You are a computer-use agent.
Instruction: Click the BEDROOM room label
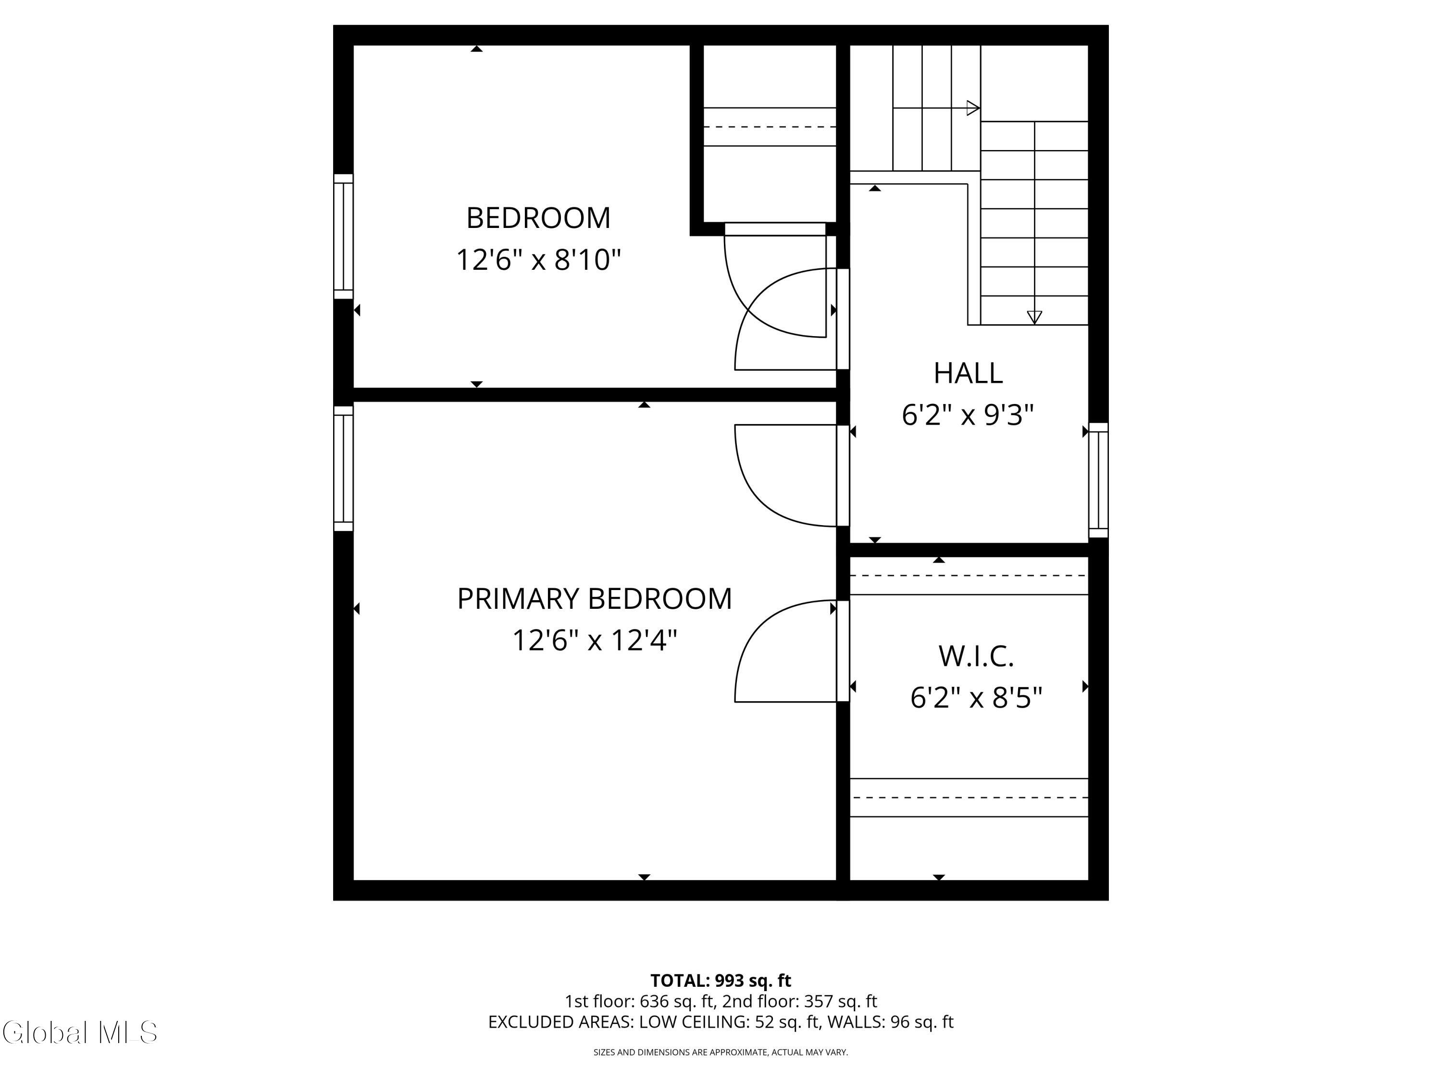click(x=538, y=218)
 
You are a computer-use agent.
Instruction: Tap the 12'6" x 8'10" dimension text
click(x=538, y=260)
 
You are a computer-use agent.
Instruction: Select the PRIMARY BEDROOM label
click(x=595, y=599)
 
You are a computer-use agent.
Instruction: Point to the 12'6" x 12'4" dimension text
click(x=595, y=641)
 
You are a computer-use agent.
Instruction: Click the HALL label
click(x=968, y=373)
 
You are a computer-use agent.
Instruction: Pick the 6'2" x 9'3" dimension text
click(x=968, y=415)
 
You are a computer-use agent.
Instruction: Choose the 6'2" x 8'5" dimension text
click(x=976, y=698)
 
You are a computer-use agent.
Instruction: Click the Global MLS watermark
click(x=79, y=1032)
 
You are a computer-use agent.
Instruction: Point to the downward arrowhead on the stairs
click(x=1034, y=317)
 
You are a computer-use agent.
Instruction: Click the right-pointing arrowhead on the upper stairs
click(x=973, y=108)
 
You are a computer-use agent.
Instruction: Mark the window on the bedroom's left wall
click(x=344, y=236)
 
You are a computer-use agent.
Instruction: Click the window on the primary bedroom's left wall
click(x=344, y=468)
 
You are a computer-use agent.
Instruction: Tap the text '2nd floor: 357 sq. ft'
click(x=799, y=1001)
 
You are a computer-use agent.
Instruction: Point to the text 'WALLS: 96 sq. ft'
click(x=891, y=1022)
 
